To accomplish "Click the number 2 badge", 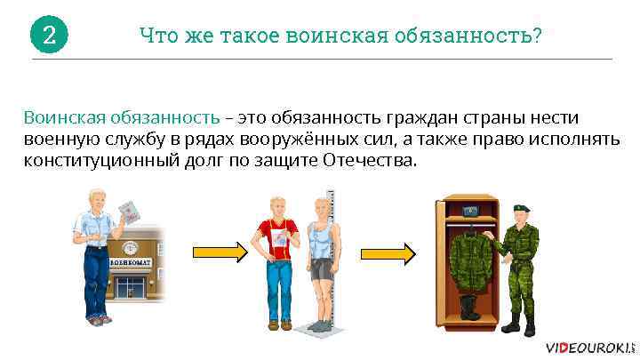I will pos(49,36).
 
